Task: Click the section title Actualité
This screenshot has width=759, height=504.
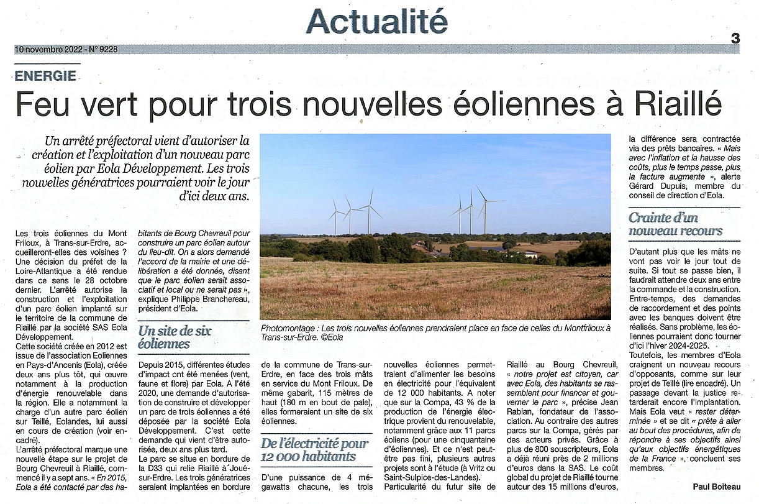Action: [376, 22]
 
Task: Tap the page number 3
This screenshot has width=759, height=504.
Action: [735, 39]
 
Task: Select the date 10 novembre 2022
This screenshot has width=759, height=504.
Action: [47, 49]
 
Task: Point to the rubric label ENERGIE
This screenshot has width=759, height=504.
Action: [47, 76]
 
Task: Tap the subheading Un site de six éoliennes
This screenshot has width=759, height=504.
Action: [167, 337]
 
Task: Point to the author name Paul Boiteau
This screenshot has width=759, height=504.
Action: [716, 487]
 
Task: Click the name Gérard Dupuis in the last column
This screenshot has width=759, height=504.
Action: [655, 186]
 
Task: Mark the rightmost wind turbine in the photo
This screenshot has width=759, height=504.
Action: [485, 208]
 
